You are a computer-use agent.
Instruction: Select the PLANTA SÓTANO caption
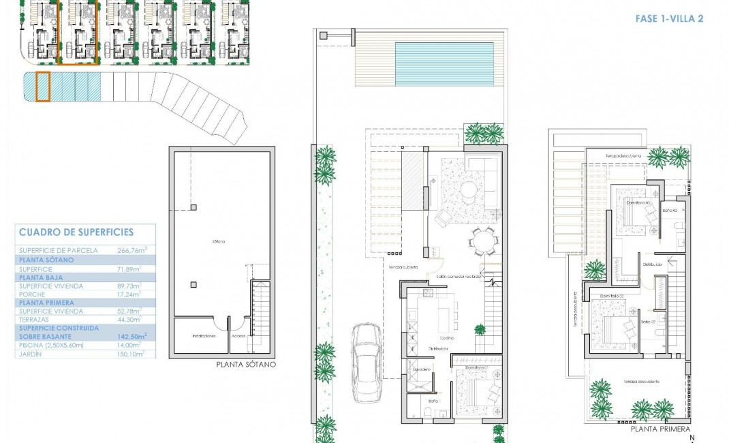246,365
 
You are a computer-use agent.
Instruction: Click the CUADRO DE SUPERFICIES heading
76,232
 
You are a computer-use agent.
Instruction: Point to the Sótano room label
218,241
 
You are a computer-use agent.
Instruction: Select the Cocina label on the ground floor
446,338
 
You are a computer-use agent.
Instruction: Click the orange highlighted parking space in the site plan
42,87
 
